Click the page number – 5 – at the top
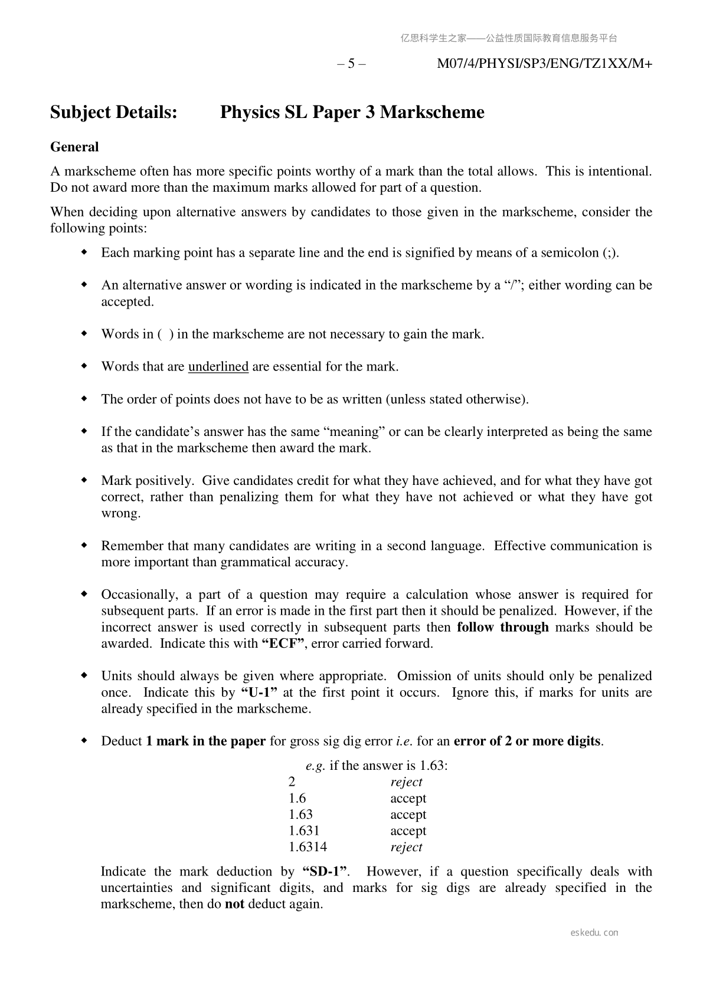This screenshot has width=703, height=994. pos(351,64)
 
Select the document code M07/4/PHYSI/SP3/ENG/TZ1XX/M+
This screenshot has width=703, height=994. pos(544,64)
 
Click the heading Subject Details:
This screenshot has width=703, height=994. pos(114,112)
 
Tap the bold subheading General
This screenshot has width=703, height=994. pos(74,147)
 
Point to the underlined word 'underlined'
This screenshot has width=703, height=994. pos(218,366)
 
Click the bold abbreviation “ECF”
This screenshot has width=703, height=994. pos(283,644)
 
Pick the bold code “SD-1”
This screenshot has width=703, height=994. pos(325,871)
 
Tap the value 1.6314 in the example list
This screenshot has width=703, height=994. pos(308,847)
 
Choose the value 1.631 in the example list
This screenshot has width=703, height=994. pos(304,831)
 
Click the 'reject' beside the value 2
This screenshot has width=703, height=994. pos(406,782)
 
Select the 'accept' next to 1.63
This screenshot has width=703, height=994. pos(408,815)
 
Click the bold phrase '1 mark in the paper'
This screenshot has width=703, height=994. pos(206,742)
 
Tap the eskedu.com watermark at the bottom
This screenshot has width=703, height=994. pos(595,933)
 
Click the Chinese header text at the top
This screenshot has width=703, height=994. pos(509,38)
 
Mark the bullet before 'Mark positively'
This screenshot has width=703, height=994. pos(84,481)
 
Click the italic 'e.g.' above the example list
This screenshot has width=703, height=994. pos(316,766)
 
